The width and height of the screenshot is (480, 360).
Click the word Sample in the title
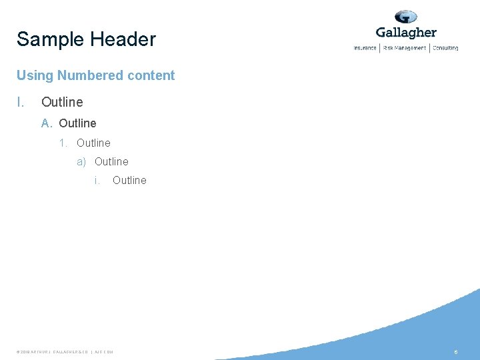click(x=50, y=39)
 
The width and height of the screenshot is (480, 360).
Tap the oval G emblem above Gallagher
click(x=405, y=17)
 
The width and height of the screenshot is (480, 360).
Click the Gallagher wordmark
click(x=406, y=33)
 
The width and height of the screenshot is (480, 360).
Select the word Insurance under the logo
click(x=365, y=48)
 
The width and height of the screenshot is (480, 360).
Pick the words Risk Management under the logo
click(x=405, y=48)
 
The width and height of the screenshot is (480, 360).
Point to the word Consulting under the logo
click(x=445, y=48)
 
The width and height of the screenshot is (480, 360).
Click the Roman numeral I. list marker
click(x=21, y=102)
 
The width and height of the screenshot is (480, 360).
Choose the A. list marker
click(x=47, y=123)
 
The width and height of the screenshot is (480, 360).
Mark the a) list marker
click(x=82, y=161)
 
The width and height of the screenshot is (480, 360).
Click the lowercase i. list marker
click(x=97, y=180)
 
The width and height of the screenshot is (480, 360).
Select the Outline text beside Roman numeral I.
click(x=62, y=102)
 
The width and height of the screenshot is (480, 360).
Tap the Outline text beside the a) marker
click(x=111, y=161)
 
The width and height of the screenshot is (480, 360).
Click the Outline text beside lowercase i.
click(x=129, y=180)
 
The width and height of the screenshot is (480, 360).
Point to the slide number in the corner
click(x=455, y=351)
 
